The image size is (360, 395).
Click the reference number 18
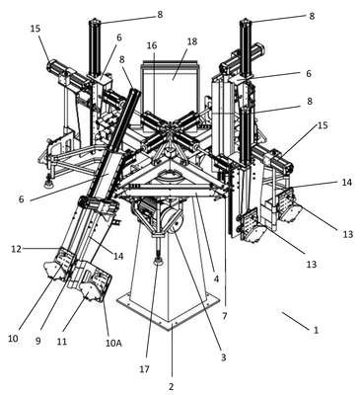pyautogui.click(x=192, y=41)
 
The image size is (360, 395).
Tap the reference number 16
pyautogui.click(x=152, y=45)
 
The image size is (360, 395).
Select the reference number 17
pyautogui.click(x=144, y=369)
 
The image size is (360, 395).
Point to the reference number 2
pyautogui.click(x=171, y=386)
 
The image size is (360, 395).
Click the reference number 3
pyautogui.click(x=224, y=357)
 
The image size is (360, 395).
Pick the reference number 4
pyautogui.click(x=216, y=279)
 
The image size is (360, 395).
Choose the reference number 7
pyautogui.click(x=225, y=316)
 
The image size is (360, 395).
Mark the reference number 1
pyautogui.click(x=317, y=330)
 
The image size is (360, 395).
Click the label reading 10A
pyautogui.click(x=113, y=344)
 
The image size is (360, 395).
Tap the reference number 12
pyautogui.click(x=16, y=249)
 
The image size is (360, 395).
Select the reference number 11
pyautogui.click(x=62, y=342)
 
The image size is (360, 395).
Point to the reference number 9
pyautogui.click(x=38, y=342)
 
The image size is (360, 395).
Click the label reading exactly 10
pyautogui.click(x=13, y=339)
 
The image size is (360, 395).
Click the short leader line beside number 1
pyautogui.click(x=295, y=320)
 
